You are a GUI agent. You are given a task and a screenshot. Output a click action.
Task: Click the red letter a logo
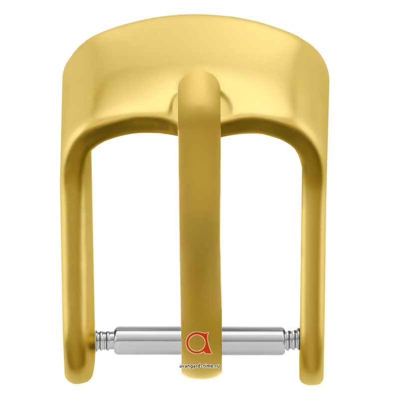[199, 343]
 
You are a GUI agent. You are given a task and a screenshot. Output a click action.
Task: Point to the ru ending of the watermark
[217, 366]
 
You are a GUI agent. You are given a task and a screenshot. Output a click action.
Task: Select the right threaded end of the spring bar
[292, 339]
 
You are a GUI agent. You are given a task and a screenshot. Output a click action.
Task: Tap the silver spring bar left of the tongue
[148, 341]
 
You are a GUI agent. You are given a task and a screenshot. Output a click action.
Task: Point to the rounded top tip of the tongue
[199, 73]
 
